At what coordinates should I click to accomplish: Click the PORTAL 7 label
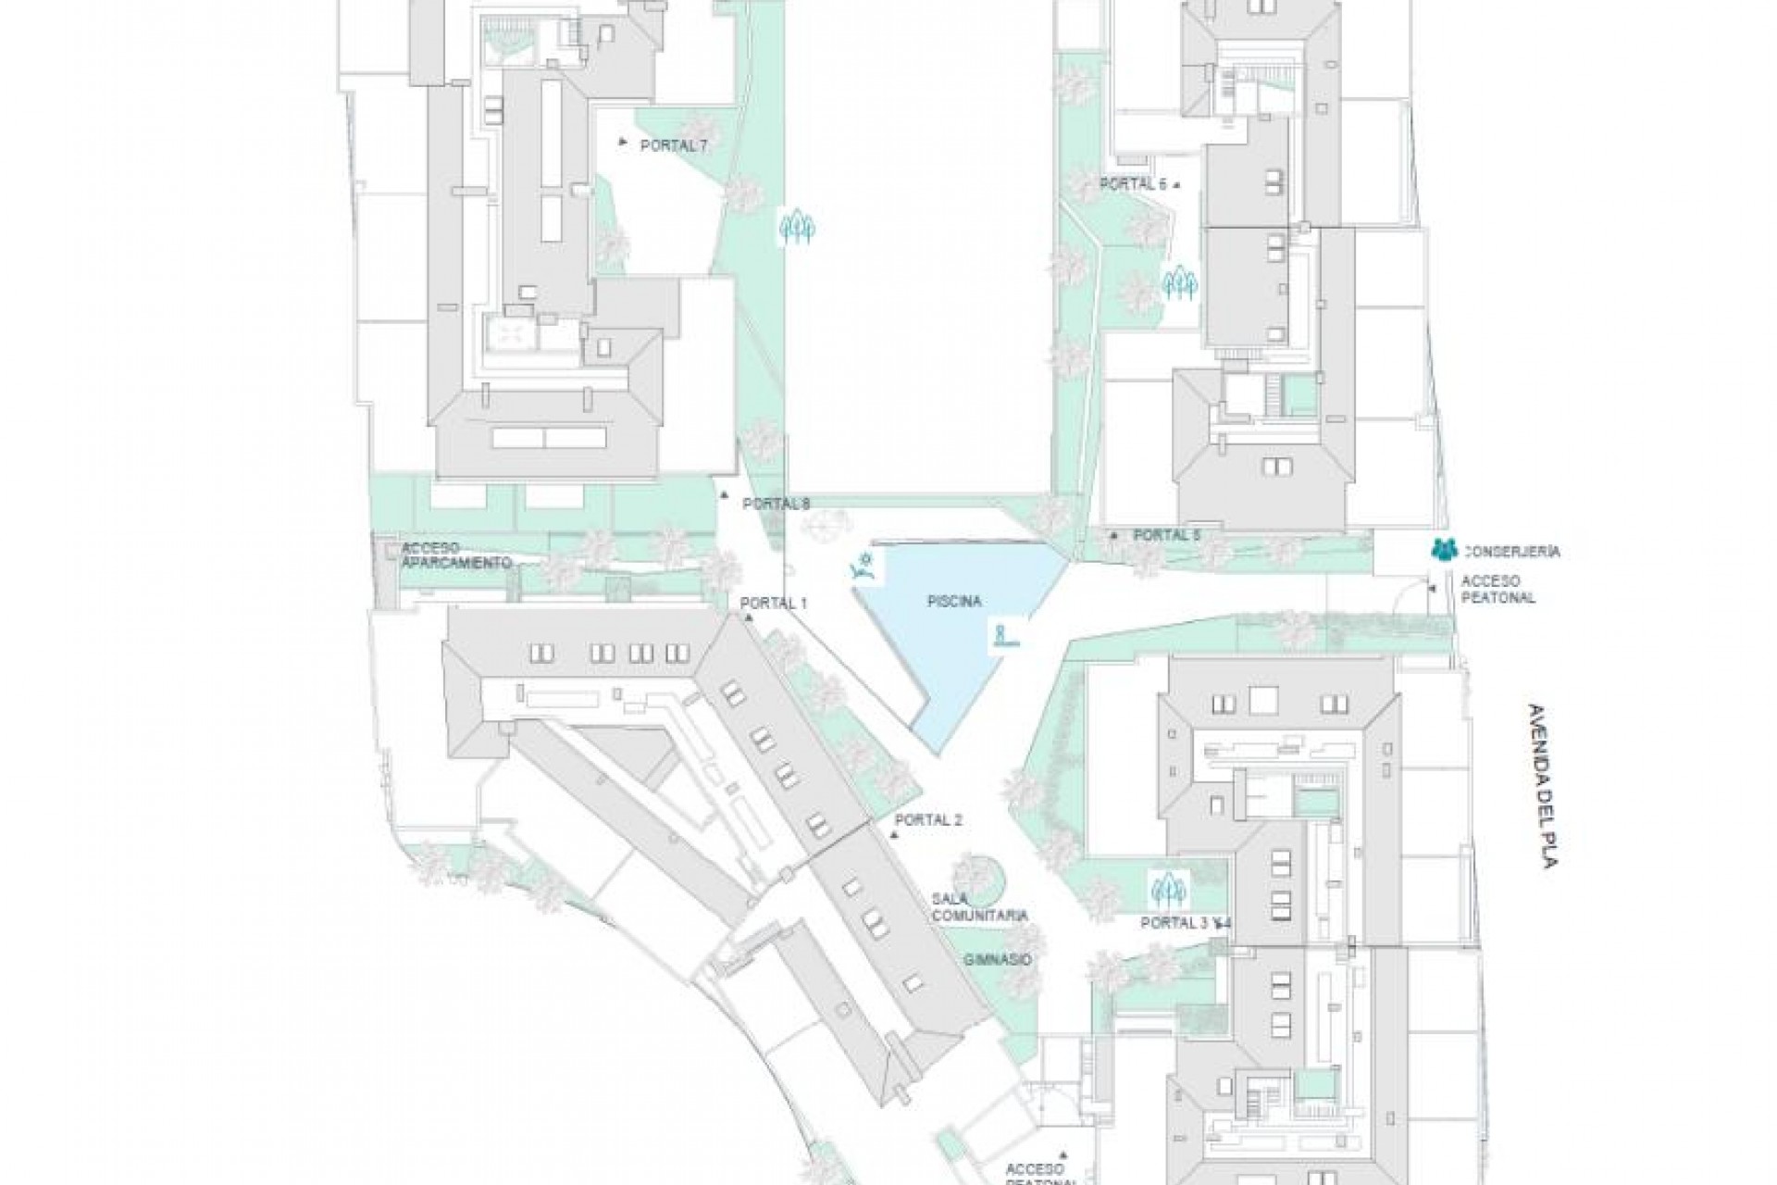(673, 145)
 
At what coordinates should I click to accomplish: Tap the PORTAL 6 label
(1133, 184)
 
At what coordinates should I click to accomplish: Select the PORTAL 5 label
(1166, 535)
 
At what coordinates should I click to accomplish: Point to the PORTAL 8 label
(776, 505)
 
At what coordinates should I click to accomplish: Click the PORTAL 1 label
(774, 604)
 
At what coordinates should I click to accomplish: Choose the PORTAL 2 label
(929, 820)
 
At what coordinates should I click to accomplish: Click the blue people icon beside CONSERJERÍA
(1443, 550)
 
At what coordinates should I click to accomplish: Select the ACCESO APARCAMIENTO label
(455, 555)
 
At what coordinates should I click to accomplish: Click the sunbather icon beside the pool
(864, 566)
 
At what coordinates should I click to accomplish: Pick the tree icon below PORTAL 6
(1180, 283)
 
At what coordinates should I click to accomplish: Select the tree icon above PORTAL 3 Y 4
(1168, 890)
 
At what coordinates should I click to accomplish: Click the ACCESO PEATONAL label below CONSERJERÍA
(1497, 590)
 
